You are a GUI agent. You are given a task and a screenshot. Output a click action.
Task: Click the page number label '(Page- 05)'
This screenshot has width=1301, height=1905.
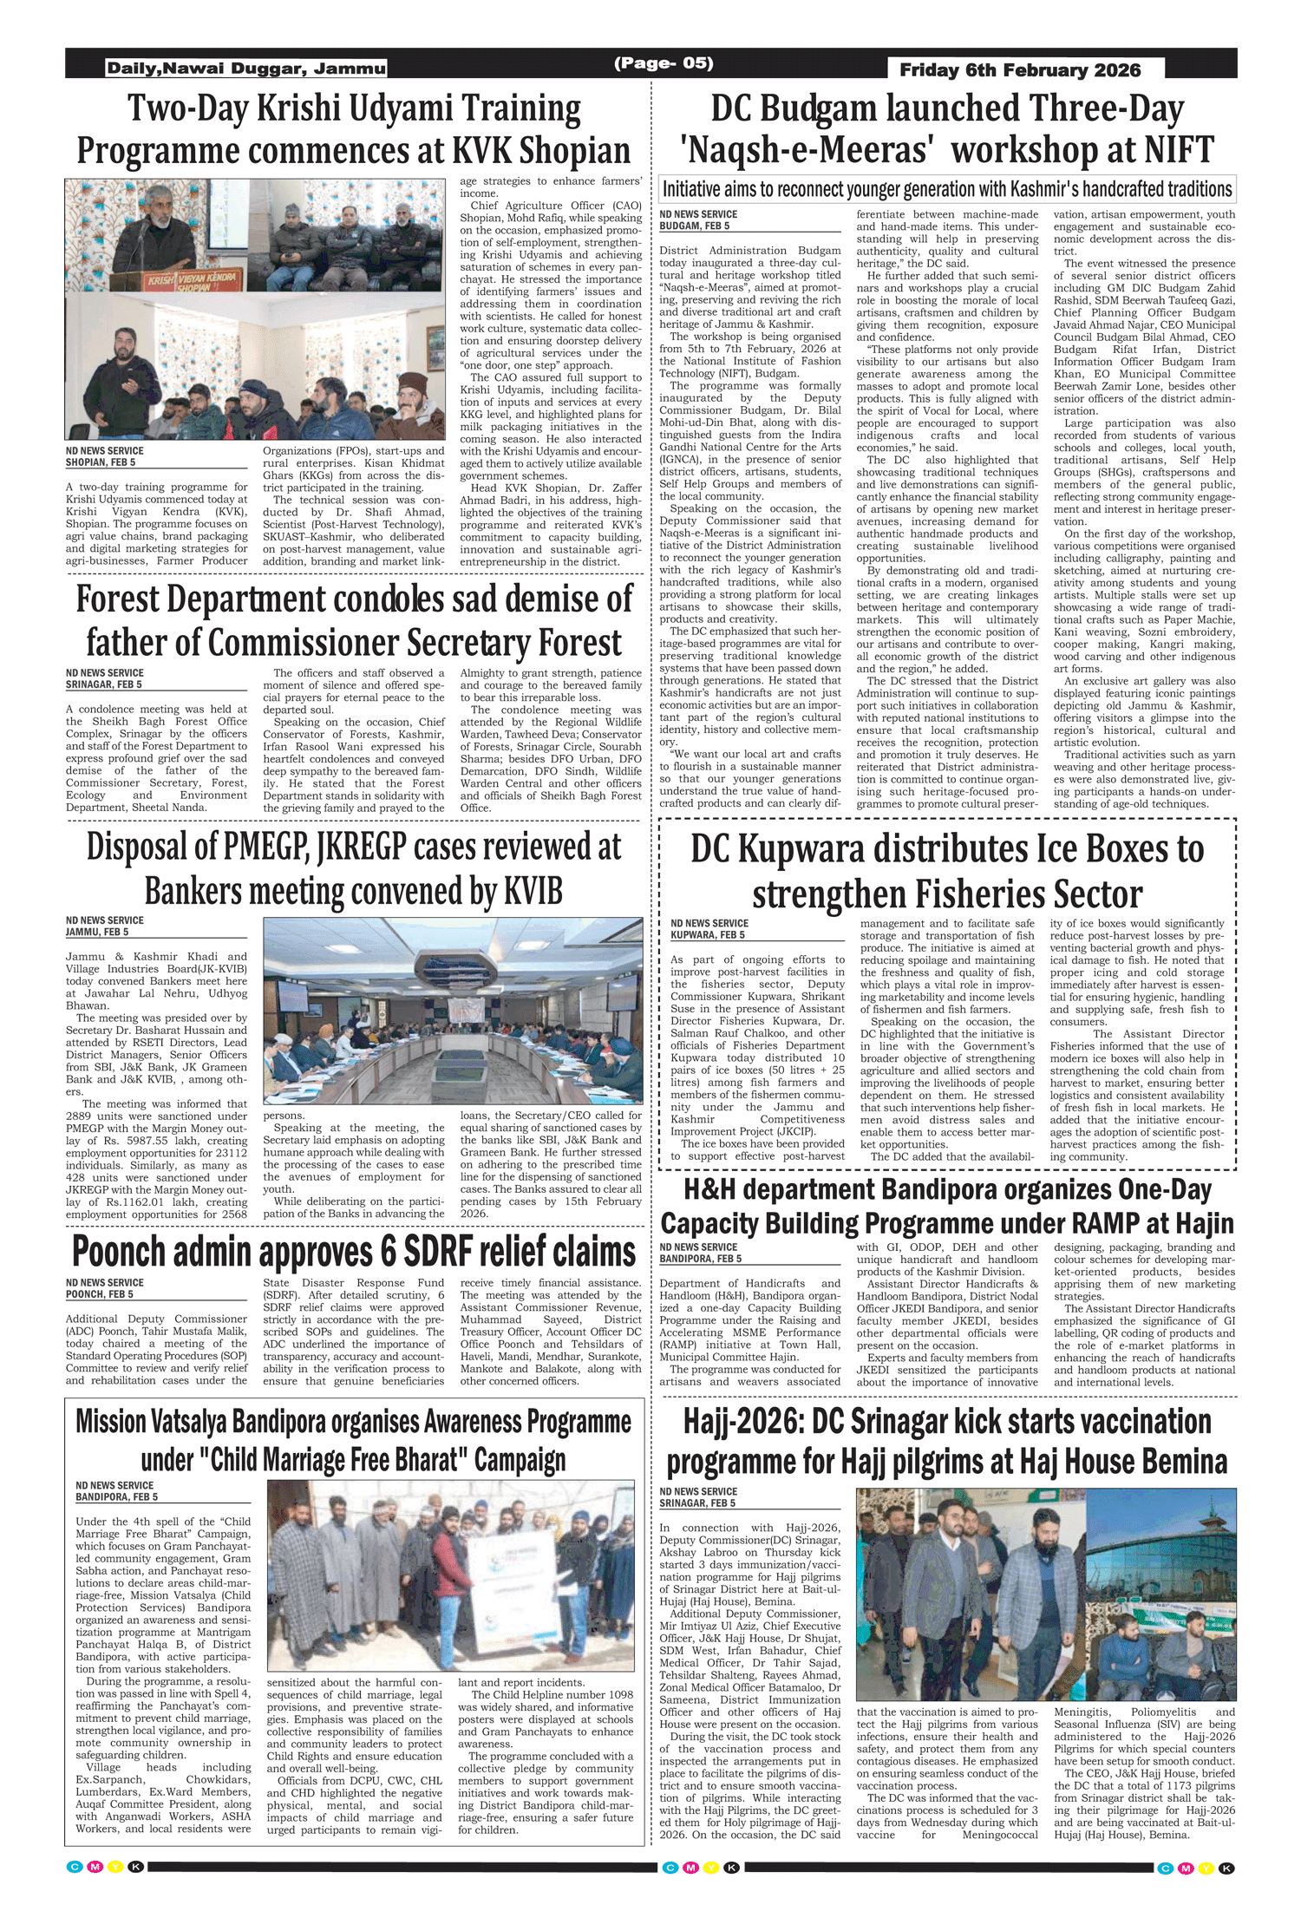point(664,63)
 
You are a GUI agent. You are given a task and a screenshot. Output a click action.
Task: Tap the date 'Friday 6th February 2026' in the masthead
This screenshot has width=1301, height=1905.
point(1020,70)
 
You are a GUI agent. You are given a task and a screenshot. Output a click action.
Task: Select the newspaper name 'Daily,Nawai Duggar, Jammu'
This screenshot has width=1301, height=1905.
point(246,69)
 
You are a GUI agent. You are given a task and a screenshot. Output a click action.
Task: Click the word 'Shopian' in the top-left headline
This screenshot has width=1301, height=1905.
point(574,151)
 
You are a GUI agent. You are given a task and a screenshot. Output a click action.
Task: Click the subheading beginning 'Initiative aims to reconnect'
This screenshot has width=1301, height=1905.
point(946,189)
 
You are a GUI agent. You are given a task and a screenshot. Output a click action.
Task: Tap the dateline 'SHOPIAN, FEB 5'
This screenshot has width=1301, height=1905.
point(101,462)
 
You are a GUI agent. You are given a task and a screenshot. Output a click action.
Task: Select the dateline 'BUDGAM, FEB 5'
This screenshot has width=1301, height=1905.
point(694,226)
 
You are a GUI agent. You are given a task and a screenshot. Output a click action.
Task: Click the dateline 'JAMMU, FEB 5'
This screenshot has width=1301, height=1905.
point(97,932)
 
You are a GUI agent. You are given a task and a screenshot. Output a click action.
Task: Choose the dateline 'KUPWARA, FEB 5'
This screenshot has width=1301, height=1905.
point(709,935)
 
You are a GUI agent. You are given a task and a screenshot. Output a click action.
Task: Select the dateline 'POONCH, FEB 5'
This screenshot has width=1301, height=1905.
point(100,1294)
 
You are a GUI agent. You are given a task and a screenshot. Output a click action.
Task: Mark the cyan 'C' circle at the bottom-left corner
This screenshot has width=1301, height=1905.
point(75,1867)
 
